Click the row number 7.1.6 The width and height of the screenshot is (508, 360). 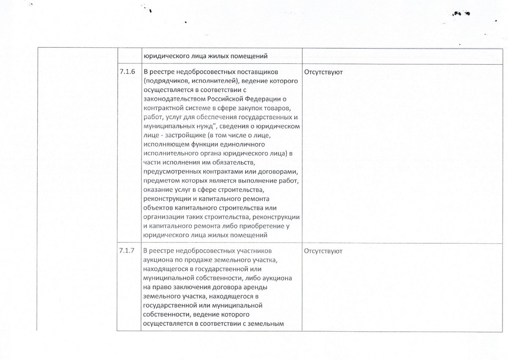click(127, 72)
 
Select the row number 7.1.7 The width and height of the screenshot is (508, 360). click(127, 251)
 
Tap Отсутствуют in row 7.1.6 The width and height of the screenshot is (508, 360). click(323, 72)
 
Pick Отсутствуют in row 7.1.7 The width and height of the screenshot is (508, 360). click(323, 251)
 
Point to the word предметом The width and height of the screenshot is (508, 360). click(160, 181)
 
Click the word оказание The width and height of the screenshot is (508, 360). click(157, 190)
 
